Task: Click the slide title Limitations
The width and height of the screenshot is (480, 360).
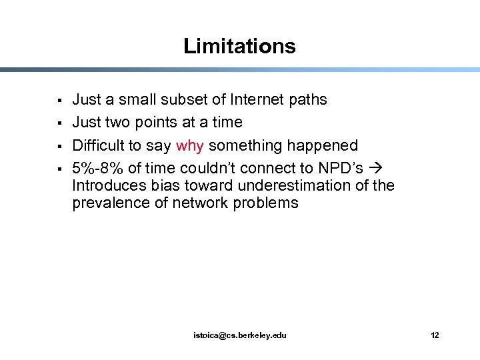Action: pyautogui.click(x=239, y=46)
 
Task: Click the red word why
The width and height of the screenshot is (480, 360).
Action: pyautogui.click(x=190, y=145)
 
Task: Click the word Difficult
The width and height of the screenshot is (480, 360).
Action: pyautogui.click(x=98, y=145)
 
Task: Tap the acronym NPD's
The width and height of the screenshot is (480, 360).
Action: pyautogui.click(x=341, y=168)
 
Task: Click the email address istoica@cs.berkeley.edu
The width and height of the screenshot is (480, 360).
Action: pyautogui.click(x=239, y=335)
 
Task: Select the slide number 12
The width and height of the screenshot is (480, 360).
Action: pyautogui.click(x=435, y=335)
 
